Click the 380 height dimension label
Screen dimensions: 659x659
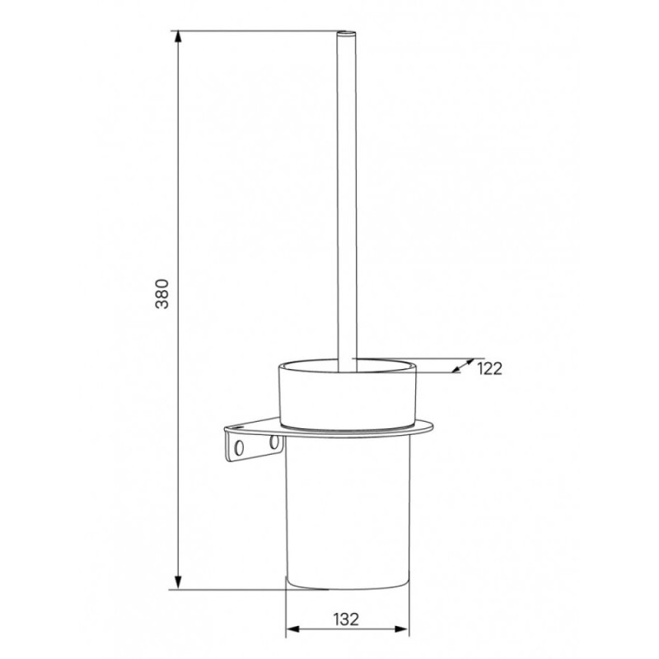pos(162,294)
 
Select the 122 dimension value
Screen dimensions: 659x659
pos(489,368)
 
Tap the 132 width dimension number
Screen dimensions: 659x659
pos(346,619)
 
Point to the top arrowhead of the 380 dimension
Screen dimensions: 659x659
pos(178,37)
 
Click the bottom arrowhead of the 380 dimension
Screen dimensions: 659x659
pos(178,582)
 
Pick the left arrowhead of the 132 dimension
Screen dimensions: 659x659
pos(292,629)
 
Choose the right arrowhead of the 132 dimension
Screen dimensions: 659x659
pos(402,629)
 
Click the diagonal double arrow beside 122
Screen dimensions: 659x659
pos(463,366)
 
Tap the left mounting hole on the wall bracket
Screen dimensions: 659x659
pos(239,447)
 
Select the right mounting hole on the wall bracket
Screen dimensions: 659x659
pos(274,442)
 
